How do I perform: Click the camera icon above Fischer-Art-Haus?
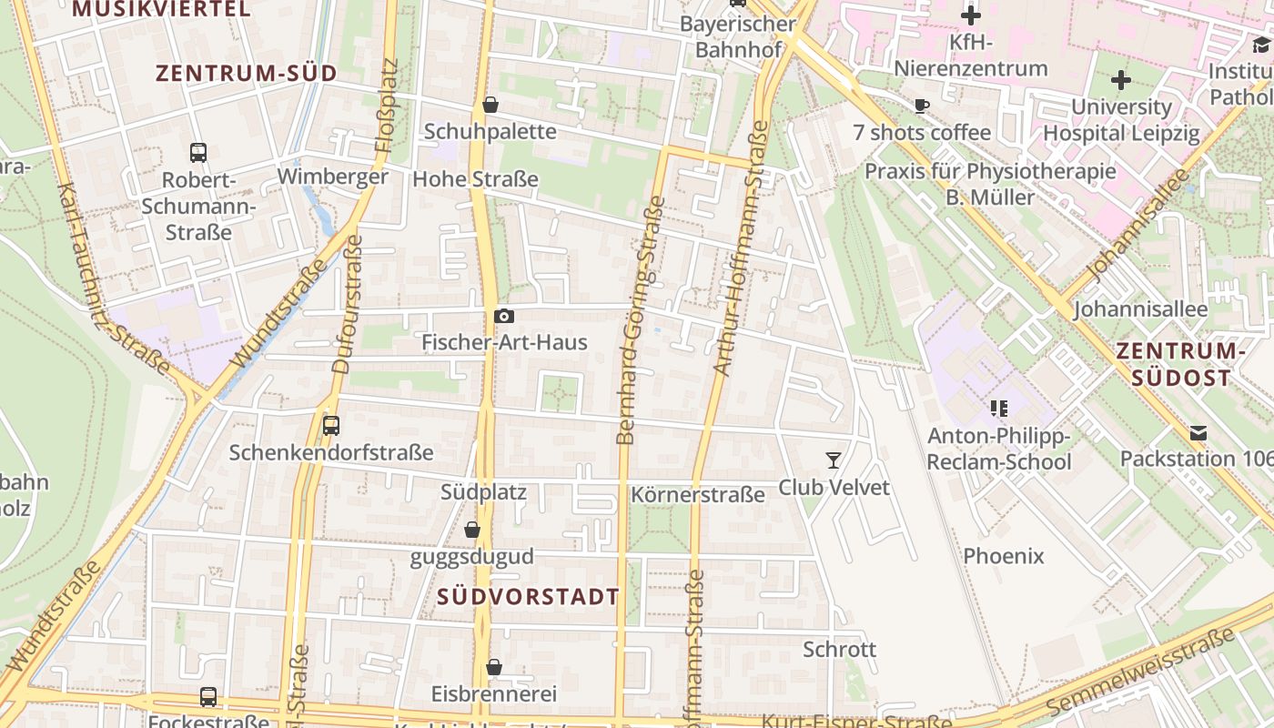click(503, 316)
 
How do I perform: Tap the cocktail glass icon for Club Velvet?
click(834, 460)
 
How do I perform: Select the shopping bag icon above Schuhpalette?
click(490, 105)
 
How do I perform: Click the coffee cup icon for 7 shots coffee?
click(922, 106)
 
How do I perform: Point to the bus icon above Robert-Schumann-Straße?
click(198, 152)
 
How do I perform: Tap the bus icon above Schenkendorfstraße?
click(331, 425)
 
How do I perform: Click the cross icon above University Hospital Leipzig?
click(1121, 80)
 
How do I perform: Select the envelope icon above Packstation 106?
click(1198, 432)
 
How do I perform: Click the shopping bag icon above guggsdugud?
click(471, 530)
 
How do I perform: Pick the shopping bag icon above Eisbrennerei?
click(493, 668)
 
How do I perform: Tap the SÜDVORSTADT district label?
click(528, 597)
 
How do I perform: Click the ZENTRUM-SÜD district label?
click(247, 74)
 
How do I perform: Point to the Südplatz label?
click(483, 492)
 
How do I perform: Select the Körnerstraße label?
click(698, 495)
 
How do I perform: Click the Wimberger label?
click(333, 177)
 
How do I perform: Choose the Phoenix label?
click(1004, 555)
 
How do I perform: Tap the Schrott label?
click(839, 649)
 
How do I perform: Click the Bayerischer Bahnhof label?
click(738, 36)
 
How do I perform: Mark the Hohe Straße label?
click(475, 179)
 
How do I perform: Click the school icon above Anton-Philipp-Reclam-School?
click(998, 409)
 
